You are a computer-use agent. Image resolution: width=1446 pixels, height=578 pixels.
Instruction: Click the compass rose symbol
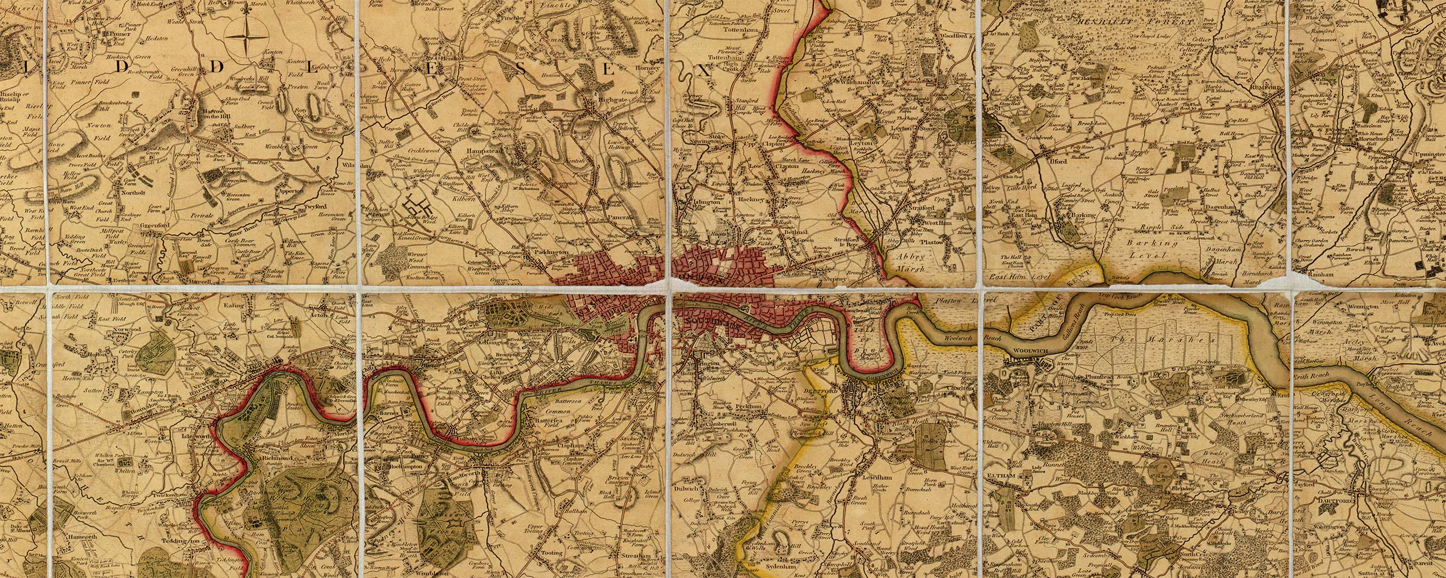(243, 36)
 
